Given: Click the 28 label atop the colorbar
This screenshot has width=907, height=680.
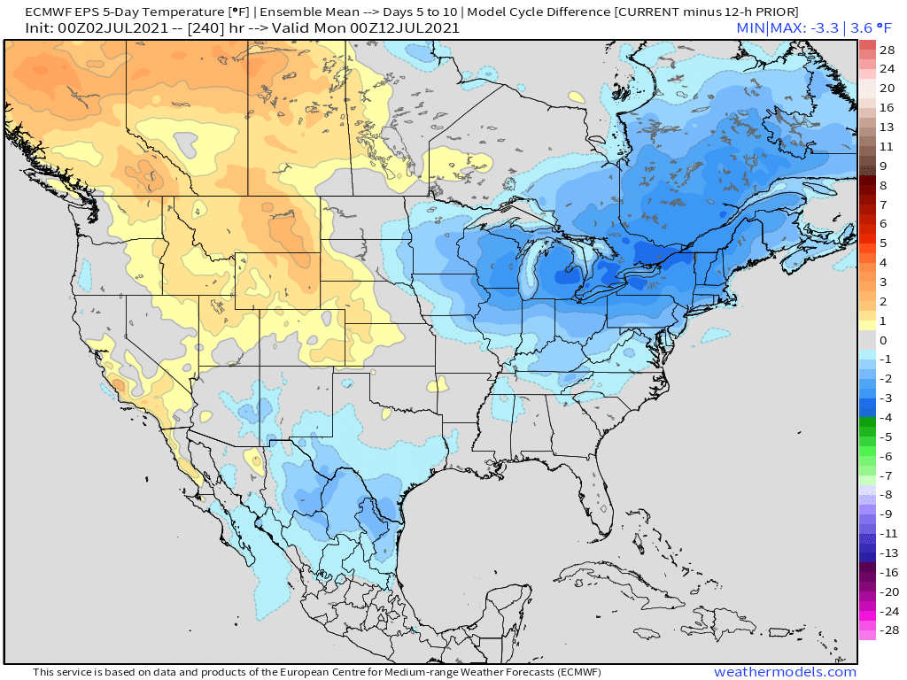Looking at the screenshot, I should click(x=888, y=50).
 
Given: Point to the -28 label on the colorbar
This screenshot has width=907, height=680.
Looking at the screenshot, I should click(x=888, y=630).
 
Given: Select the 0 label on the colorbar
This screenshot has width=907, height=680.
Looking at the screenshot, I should click(x=882, y=340).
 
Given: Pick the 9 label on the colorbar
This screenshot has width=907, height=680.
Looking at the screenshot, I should click(x=882, y=166).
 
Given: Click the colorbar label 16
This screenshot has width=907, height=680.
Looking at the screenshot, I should click(x=888, y=107).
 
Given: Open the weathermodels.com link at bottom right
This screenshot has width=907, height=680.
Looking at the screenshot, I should click(x=785, y=672).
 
